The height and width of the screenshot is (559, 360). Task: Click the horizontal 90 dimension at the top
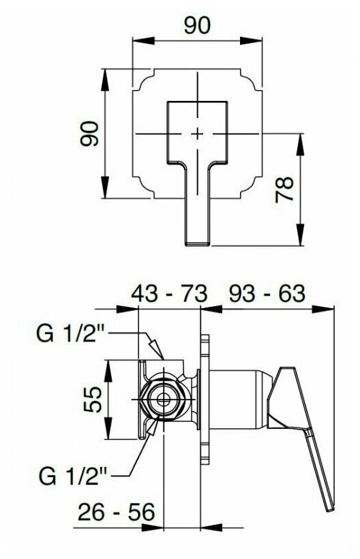(197, 26)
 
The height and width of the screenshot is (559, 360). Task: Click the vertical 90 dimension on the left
(89, 134)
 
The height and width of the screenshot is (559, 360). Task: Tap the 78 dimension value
(284, 190)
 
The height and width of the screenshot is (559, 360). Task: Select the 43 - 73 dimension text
(169, 294)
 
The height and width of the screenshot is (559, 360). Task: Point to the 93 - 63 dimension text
(267, 293)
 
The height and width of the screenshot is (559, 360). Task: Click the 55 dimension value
(93, 399)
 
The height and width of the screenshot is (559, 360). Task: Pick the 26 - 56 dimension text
(117, 512)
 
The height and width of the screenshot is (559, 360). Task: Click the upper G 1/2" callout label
(70, 333)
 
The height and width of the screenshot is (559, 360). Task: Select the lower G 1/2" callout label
(73, 476)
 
